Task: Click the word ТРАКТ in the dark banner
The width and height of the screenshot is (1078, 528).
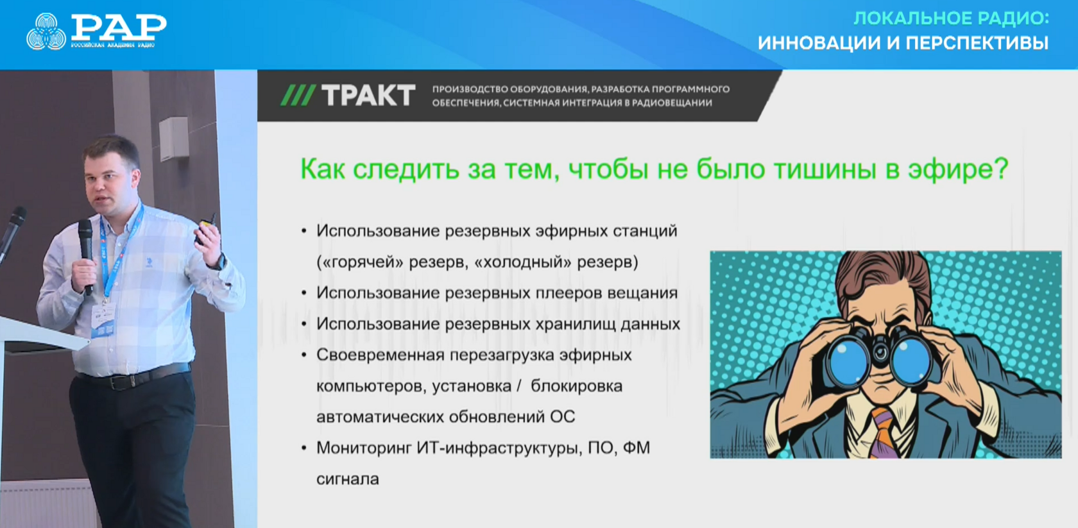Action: coord(368,95)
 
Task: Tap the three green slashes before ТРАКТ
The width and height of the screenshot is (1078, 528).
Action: coord(298,95)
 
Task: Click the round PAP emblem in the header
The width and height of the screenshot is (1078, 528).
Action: coord(46,32)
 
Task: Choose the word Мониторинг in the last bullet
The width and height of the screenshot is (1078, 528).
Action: coord(364,448)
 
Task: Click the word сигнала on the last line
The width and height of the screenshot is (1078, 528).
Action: coord(348,479)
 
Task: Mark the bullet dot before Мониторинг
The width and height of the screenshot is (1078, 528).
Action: coord(304,448)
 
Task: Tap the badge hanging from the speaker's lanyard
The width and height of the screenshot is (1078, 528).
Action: coord(103,319)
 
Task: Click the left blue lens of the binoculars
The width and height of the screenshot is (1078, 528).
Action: coord(849,358)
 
